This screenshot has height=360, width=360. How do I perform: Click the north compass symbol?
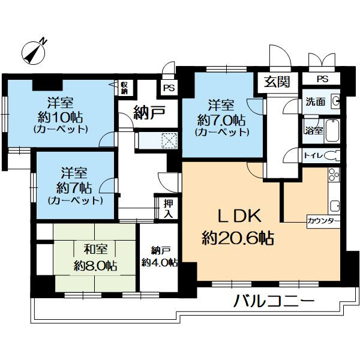(x=34, y=52)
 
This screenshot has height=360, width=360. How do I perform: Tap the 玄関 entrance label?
(x=277, y=82)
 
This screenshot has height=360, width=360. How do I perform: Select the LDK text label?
(x=239, y=216)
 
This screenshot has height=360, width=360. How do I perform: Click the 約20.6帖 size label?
(x=238, y=238)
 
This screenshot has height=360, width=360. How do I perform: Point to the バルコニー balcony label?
(x=274, y=301)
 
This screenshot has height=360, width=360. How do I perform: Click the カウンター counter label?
(x=323, y=221)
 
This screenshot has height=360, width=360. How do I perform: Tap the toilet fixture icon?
(x=332, y=155)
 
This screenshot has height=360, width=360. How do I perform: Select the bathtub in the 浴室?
(x=332, y=131)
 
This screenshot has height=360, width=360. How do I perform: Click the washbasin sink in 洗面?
(x=335, y=101)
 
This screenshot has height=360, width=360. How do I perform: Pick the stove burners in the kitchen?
(x=334, y=175)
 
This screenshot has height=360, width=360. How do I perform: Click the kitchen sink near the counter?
(x=335, y=206)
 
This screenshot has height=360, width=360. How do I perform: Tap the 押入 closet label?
(x=168, y=209)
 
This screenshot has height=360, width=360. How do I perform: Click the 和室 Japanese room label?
(x=95, y=249)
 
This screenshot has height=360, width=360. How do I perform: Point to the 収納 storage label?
(x=124, y=88)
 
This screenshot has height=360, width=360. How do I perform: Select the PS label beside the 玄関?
(x=323, y=79)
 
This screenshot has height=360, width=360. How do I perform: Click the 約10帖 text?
(x=60, y=118)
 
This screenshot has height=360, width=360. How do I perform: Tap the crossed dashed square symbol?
(x=169, y=140)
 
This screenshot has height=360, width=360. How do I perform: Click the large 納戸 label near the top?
(x=149, y=112)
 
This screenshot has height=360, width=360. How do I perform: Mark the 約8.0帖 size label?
(x=95, y=266)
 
